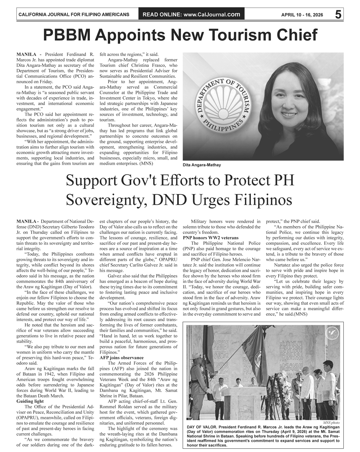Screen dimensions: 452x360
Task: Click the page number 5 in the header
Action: pos(338,14)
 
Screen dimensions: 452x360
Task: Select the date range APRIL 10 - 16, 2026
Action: pos(302,15)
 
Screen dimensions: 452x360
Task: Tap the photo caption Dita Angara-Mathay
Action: pos(202,165)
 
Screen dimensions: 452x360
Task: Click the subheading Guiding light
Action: pos(30,401)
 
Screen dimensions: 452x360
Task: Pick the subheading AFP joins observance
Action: pos(121,358)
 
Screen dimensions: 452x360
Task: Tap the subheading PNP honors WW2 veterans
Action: pos(210,238)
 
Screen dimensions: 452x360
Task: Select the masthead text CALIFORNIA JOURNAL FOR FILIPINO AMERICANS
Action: pos(73,15)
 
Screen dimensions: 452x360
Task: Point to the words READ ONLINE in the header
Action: pos(162,14)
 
